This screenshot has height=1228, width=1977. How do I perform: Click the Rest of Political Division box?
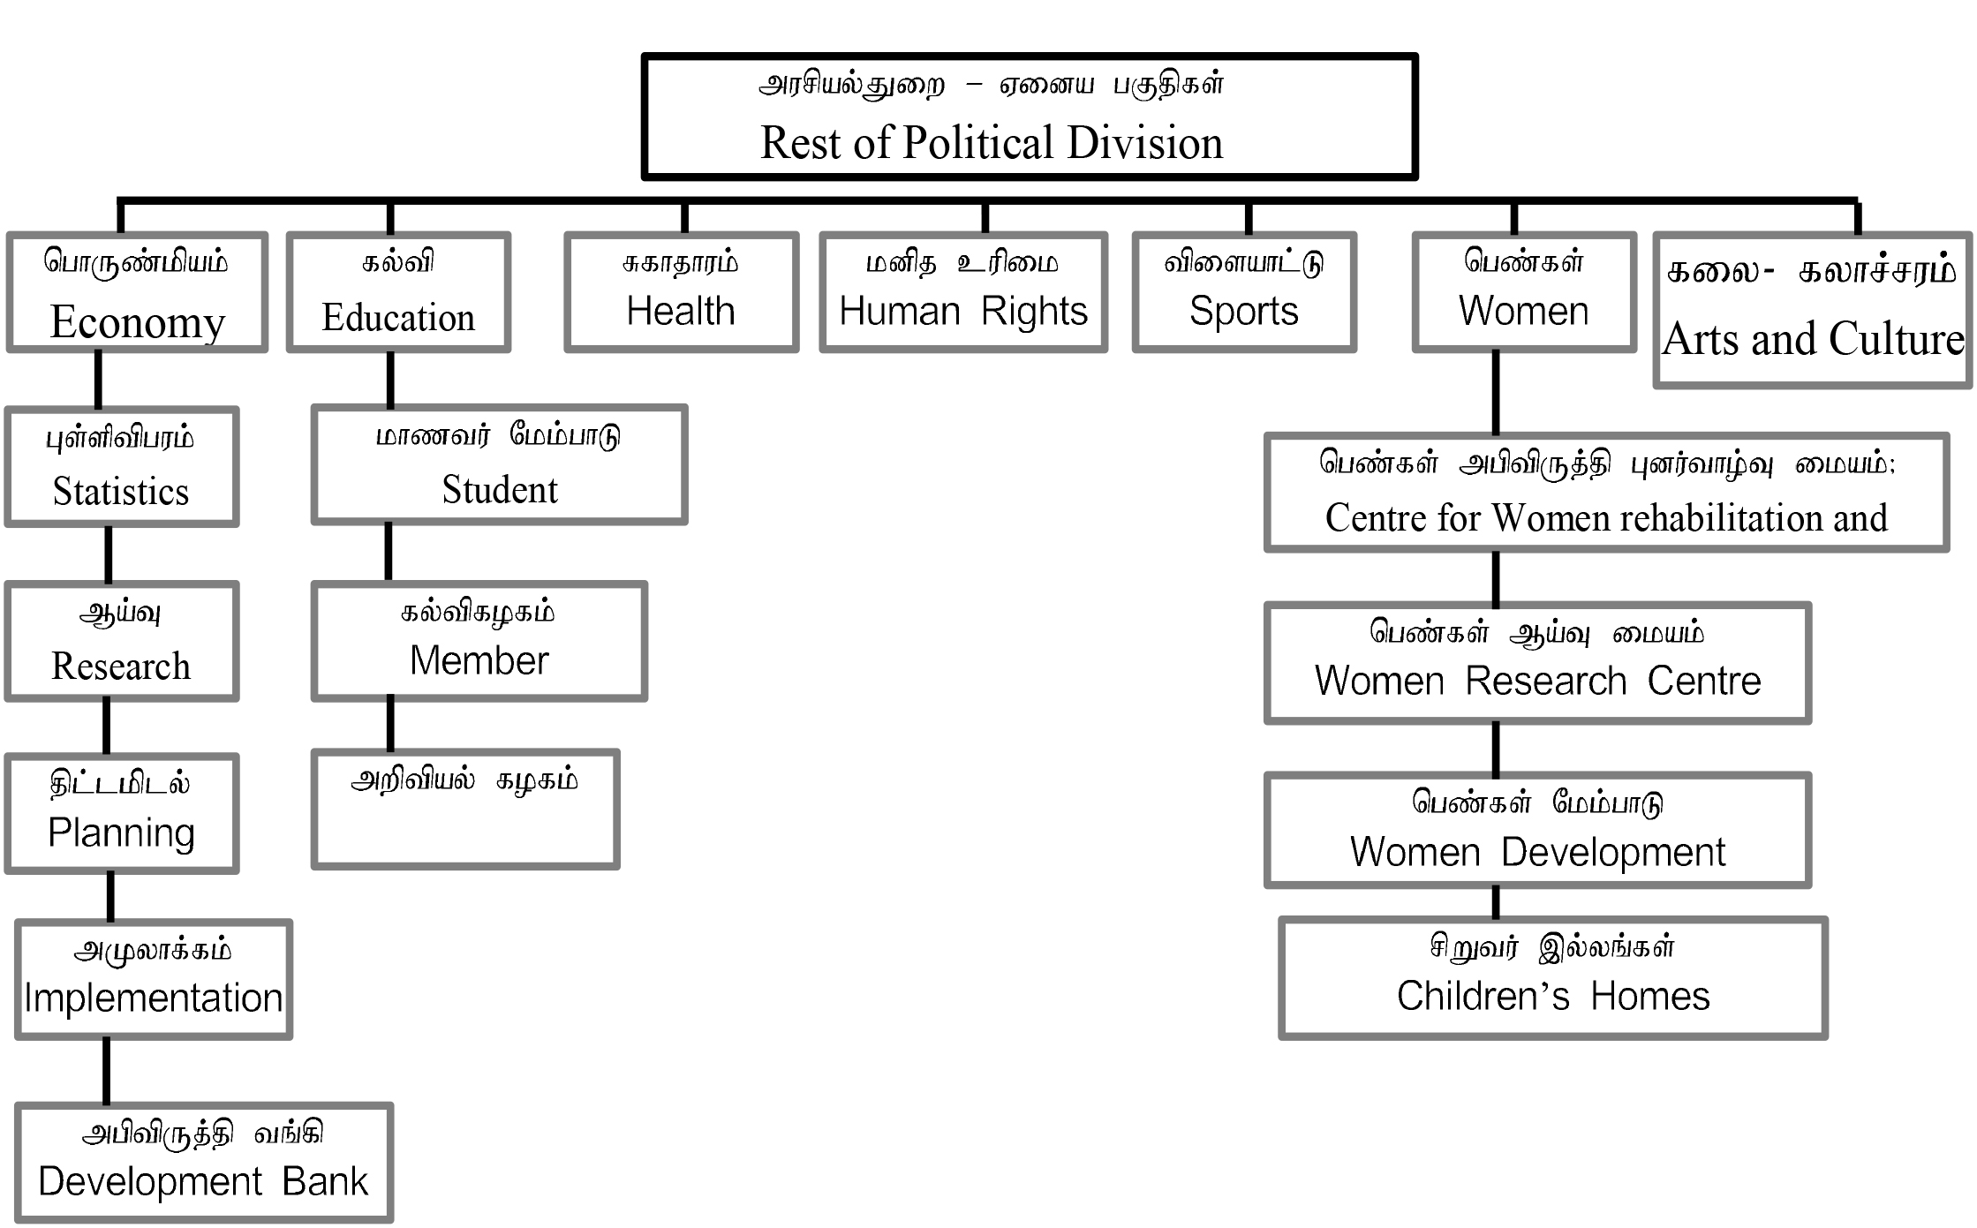coord(1029,117)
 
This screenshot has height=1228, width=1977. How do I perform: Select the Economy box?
coord(137,292)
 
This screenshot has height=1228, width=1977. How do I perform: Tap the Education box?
coord(398,292)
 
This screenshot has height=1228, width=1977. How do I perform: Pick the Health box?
coord(681,292)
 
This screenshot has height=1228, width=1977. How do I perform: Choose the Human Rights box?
coord(962,292)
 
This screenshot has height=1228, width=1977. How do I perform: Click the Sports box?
coord(1243,292)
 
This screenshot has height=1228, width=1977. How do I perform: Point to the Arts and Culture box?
coord(1812,310)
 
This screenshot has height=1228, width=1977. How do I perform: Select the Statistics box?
coord(122,467)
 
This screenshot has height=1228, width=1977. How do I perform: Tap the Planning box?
coord(122,813)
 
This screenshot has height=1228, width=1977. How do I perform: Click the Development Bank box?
coord(203,1162)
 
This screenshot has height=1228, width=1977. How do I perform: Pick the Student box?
coord(499,464)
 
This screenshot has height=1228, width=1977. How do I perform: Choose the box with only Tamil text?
coord(465,809)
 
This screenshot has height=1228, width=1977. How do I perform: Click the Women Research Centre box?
coord(1537,663)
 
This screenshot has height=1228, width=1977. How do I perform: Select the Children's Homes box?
coord(1552,978)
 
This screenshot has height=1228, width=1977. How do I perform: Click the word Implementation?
coord(153,998)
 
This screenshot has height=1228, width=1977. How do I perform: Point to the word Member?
coord(479,661)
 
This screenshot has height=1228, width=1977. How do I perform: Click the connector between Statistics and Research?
coord(109,554)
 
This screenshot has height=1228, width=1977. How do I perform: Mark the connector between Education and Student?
coord(390,379)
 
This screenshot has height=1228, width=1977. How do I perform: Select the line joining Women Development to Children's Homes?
coord(1496,902)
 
